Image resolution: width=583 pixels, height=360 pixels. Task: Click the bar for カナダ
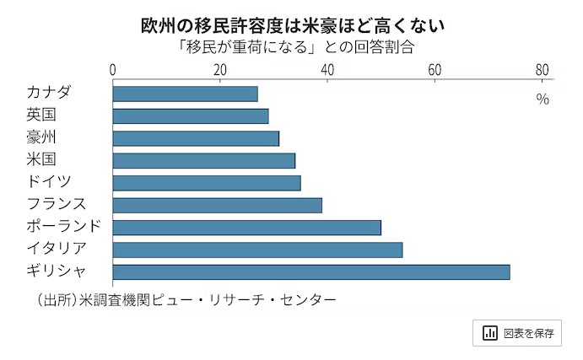point(186,94)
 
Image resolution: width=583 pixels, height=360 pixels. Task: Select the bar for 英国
point(191,116)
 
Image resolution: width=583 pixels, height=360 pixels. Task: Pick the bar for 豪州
point(196,138)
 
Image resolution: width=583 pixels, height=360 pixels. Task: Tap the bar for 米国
point(204,160)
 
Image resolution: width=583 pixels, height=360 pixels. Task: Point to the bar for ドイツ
point(207,182)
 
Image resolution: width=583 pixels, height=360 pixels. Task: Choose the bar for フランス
point(218,205)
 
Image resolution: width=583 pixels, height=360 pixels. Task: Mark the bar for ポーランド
point(247,227)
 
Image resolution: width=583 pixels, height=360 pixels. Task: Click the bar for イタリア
point(257,249)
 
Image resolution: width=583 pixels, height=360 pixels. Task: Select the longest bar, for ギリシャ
point(311,271)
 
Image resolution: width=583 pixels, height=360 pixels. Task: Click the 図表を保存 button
point(518,332)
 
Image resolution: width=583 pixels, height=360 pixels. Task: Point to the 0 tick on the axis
point(113,70)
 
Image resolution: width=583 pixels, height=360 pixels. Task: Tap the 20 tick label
point(220,70)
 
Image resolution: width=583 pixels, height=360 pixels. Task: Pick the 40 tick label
point(327,70)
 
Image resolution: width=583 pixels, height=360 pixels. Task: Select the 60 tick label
point(435,70)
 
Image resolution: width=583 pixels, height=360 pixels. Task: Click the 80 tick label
point(542,70)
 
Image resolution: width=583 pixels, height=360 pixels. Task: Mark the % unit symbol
point(542,99)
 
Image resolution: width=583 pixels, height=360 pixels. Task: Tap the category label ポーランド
point(64,226)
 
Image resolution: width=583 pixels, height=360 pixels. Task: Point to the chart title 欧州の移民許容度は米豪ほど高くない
point(292,25)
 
